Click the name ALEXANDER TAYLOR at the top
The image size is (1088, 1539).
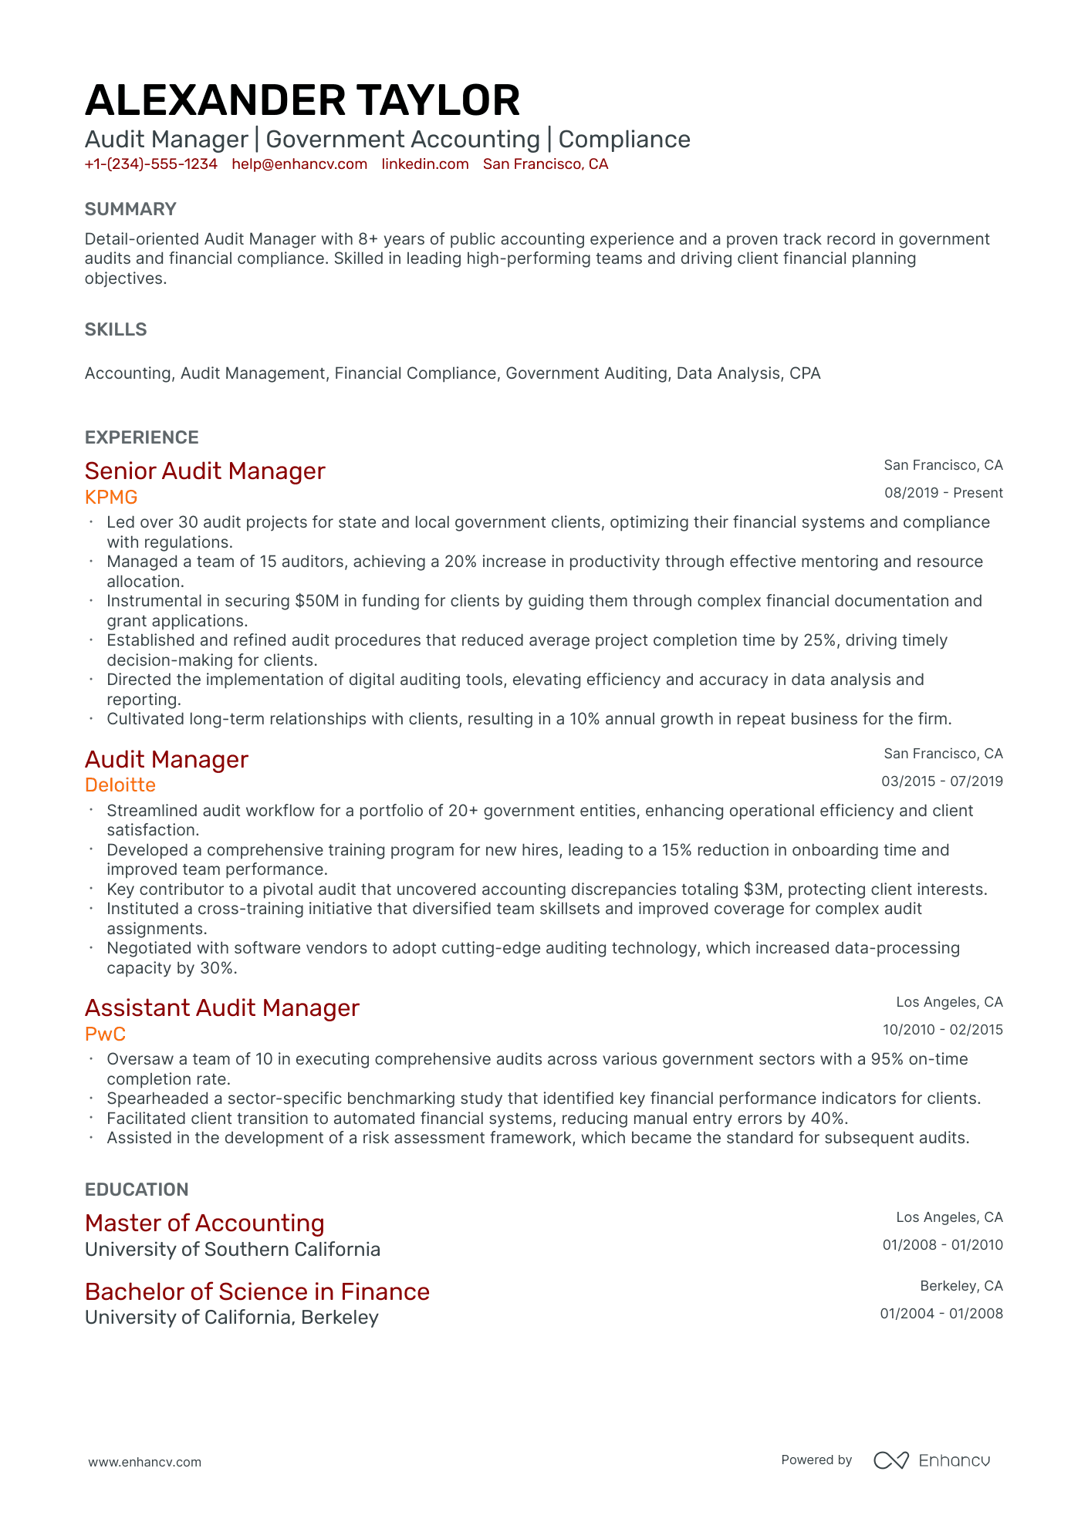tap(302, 101)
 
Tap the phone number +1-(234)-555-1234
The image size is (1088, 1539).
tap(151, 164)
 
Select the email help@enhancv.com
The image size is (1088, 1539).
tap(299, 164)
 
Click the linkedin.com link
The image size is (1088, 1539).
tap(425, 164)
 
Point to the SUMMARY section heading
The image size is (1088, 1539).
tap(130, 209)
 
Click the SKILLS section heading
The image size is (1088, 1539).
tap(116, 329)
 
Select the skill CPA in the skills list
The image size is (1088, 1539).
tap(805, 373)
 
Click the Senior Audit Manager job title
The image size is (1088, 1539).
tap(205, 471)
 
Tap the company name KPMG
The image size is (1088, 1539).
tap(111, 497)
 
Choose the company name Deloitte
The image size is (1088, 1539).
tap(120, 785)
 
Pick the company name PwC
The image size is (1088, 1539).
tap(105, 1034)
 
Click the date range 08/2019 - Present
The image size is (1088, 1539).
tap(943, 493)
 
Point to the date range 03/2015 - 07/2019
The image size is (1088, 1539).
tap(941, 781)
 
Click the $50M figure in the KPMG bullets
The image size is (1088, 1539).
tap(316, 601)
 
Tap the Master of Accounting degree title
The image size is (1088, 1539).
tap(204, 1223)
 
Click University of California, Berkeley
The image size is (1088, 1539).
tap(231, 1318)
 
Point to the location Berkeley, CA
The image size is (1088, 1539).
tap(961, 1286)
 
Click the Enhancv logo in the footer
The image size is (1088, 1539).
tap(931, 1460)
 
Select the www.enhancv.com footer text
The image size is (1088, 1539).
tap(144, 1462)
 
